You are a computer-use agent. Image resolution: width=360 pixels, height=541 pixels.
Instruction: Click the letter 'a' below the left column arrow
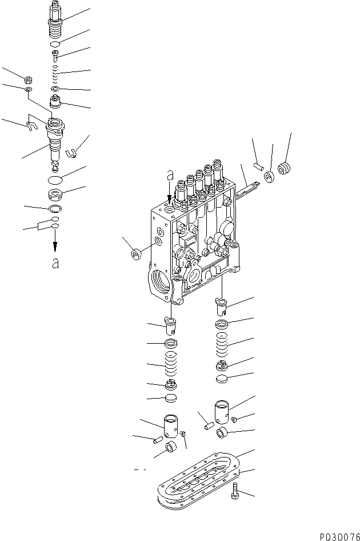(55, 263)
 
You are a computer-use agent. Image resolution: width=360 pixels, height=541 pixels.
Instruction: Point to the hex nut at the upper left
(28, 78)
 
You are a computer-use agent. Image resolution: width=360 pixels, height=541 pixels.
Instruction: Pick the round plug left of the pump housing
(137, 253)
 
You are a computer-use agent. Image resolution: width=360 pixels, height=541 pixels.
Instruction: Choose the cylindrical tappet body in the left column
(172, 425)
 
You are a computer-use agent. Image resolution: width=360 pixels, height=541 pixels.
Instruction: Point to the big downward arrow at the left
(55, 245)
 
